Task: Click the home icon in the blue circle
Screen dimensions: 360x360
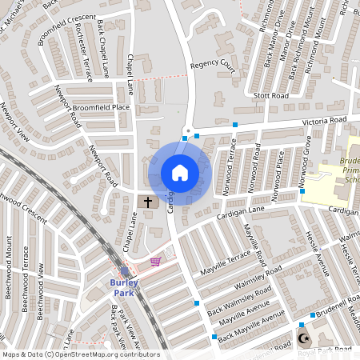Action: tap(180, 173)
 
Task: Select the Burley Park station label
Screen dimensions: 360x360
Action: tap(125, 283)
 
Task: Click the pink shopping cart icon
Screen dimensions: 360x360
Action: tap(155, 261)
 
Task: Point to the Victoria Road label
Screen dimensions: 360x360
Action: tap(324, 121)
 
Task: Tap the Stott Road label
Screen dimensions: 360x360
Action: tap(270, 96)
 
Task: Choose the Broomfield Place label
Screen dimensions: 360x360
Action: tap(100, 107)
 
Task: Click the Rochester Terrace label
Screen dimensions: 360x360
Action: tap(82, 53)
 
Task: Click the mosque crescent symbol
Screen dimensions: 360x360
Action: tap(302, 338)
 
